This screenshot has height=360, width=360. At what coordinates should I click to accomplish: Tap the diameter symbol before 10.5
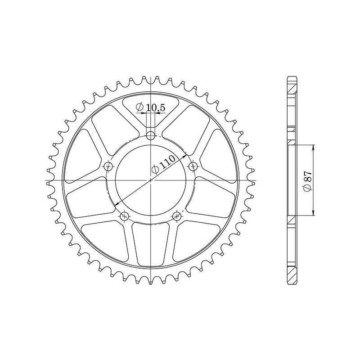click(x=139, y=108)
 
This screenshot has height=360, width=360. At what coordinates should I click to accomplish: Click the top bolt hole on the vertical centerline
click(x=151, y=135)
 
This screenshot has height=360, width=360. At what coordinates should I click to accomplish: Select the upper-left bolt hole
click(x=108, y=166)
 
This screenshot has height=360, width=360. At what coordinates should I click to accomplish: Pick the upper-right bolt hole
click(x=193, y=166)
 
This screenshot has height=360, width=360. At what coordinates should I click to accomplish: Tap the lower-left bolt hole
click(x=125, y=216)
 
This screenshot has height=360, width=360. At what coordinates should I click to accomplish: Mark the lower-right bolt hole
click(x=177, y=216)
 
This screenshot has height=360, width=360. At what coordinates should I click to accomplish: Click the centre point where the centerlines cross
click(x=151, y=180)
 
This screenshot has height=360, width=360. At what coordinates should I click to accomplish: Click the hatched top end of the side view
click(x=292, y=84)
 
